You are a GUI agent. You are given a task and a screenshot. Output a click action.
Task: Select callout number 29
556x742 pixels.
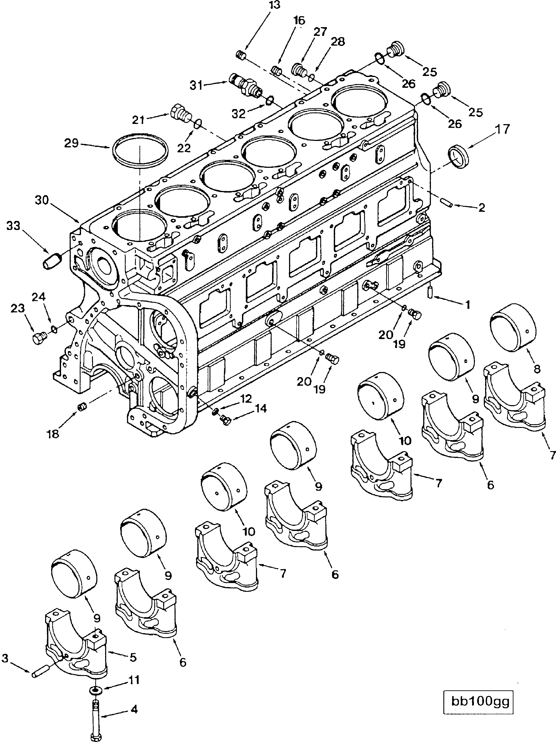point(71,143)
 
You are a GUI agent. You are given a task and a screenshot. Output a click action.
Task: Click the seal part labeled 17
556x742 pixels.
point(458,155)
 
